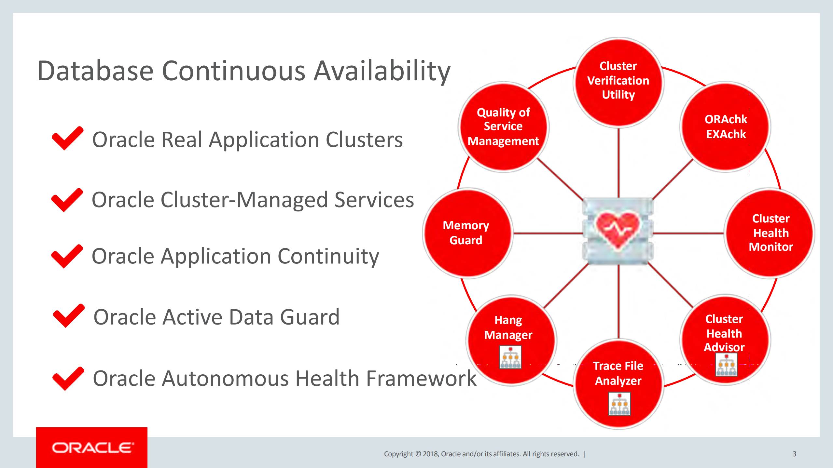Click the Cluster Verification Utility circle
coord(618,81)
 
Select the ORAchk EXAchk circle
coord(725,127)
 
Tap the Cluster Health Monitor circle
coord(770,233)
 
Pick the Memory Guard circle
coord(466,233)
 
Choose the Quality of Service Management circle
coord(503,127)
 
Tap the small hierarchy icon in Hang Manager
coord(510,357)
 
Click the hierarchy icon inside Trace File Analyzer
coord(619,404)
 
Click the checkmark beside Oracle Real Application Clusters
coord(67,138)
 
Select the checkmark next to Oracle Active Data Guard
coord(68,315)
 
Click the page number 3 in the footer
coord(794,454)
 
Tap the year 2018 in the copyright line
coord(430,454)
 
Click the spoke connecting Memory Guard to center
coord(547,233)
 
